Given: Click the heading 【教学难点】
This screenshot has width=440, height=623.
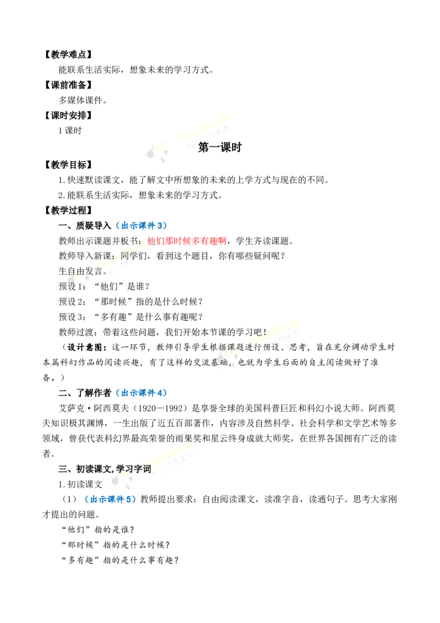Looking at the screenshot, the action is (x=68, y=54).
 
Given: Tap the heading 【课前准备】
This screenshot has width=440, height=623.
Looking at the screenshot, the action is (x=68, y=85).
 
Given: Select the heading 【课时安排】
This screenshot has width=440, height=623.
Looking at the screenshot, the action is (x=68, y=116).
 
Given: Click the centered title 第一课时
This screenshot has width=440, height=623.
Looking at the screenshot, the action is (x=219, y=147).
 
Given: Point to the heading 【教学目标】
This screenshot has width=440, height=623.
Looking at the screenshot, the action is (x=68, y=165).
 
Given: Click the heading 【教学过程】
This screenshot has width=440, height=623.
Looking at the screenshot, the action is (x=68, y=211).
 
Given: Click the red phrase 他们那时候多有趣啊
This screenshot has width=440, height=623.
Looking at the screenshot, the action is (x=186, y=241).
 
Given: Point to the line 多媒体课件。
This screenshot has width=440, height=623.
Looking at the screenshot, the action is (x=83, y=101).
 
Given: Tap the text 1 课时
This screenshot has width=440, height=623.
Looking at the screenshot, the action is (x=70, y=131).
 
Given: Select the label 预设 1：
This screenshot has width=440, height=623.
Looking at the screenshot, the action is (x=72, y=287).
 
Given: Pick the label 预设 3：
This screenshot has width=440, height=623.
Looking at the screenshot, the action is (x=72, y=317).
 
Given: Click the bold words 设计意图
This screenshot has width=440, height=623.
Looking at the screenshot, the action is (x=85, y=347).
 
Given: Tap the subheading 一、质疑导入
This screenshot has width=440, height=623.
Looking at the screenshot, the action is (x=85, y=226).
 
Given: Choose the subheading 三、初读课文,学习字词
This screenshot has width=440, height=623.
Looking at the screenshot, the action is (x=105, y=469).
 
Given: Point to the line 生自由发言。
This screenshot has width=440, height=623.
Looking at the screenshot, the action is (x=83, y=271).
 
